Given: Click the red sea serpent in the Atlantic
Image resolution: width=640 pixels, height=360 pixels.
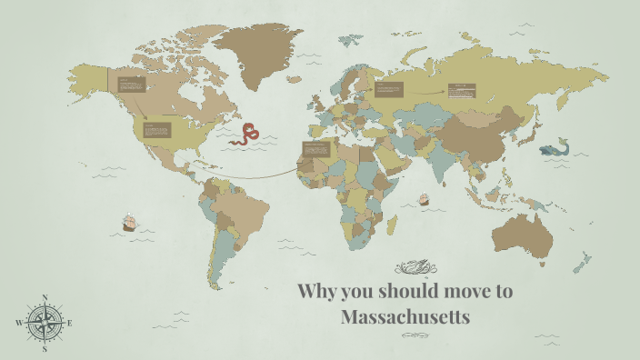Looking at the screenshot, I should (245, 135).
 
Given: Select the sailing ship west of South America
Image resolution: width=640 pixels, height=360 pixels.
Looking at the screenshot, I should (128, 223).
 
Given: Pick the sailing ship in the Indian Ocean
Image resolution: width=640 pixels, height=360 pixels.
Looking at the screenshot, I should (423, 199).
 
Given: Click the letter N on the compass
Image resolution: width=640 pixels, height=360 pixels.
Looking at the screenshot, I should (45, 297).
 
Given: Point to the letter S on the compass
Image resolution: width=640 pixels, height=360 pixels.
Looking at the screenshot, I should (45, 348).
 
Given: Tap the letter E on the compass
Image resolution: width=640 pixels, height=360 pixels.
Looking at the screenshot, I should (70, 323).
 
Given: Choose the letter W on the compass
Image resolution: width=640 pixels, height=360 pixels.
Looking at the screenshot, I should (19, 323).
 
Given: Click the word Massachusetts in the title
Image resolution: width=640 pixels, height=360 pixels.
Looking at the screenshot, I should (405, 317).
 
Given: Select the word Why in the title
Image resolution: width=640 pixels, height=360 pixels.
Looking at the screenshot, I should (317, 293).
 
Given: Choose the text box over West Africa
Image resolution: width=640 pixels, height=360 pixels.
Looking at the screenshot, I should (318, 149).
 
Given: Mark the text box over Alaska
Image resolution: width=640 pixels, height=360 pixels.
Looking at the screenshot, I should (127, 84).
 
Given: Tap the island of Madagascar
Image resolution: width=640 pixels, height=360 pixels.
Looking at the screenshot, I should (391, 223).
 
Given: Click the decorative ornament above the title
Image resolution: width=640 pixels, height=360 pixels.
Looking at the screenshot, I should (417, 268).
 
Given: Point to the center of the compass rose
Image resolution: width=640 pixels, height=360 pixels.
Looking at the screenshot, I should (45, 323).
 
